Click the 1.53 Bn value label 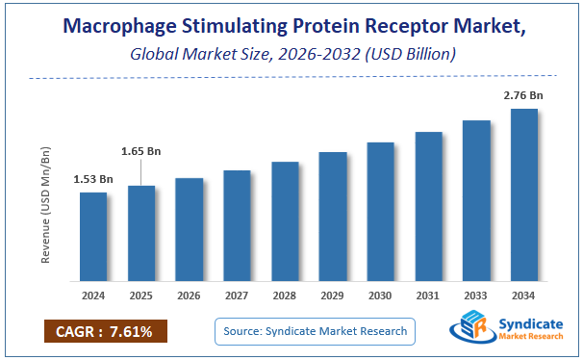(x=93, y=179)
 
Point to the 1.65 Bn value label (x=141, y=151)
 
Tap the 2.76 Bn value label (x=524, y=95)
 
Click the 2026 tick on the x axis (x=190, y=295)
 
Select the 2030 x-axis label (x=381, y=295)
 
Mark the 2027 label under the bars (x=238, y=295)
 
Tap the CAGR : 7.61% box (x=105, y=332)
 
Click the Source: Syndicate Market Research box (x=315, y=332)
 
